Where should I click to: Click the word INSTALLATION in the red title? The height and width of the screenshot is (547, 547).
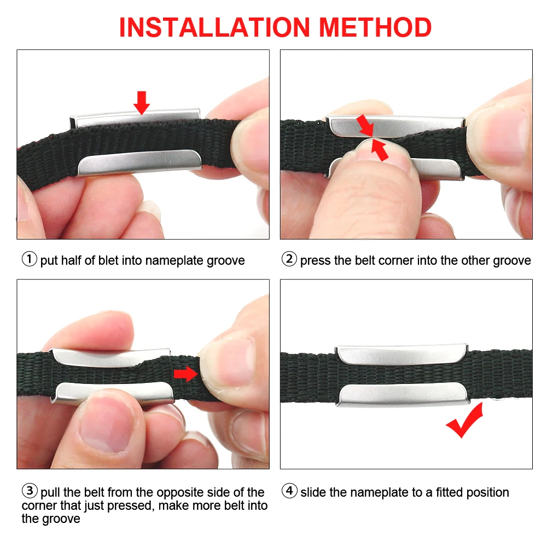pyautogui.click(x=214, y=27)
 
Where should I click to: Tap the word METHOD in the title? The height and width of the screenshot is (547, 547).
pyautogui.click(x=375, y=27)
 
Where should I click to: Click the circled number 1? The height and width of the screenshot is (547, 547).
pyautogui.click(x=30, y=259)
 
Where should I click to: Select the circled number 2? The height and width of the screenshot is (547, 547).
pyautogui.click(x=289, y=259)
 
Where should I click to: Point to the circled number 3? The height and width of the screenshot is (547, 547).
pyautogui.click(x=30, y=491)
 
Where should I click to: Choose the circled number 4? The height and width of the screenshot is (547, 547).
pyautogui.click(x=289, y=491)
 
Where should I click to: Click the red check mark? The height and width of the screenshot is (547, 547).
pyautogui.click(x=464, y=420)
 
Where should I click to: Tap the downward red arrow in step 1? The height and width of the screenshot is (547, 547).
pyautogui.click(x=142, y=103)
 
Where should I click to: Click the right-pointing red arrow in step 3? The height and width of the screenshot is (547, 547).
pyautogui.click(x=185, y=374)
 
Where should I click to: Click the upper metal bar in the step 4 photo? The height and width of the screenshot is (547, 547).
pyautogui.click(x=402, y=355)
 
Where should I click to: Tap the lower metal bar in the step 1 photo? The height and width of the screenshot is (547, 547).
pyautogui.click(x=139, y=162)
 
